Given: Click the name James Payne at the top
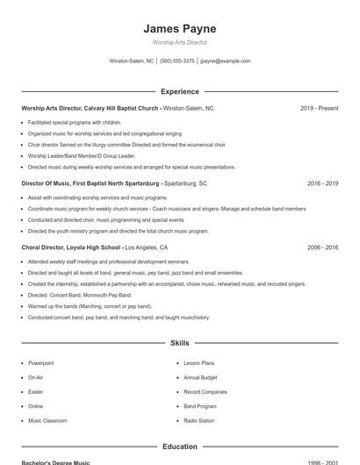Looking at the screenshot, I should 179,28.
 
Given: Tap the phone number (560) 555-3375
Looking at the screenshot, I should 177,61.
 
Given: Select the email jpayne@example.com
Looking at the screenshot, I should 225,61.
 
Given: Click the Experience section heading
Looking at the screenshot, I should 179,91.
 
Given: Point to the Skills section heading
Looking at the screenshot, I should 179,343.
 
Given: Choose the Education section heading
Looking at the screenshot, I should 179,447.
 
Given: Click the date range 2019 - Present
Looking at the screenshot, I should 319,108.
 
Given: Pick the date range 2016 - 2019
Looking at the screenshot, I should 322,183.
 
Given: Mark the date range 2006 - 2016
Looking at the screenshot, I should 322,247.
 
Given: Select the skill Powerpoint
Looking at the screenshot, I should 40,362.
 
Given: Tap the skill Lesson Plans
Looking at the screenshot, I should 198,362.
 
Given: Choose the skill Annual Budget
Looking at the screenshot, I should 200,377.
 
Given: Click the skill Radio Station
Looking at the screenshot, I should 198,421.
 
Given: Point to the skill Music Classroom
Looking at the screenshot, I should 47,421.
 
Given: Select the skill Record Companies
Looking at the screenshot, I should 205,392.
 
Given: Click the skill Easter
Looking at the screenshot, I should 35,392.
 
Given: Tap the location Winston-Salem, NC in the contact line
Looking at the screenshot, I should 131,61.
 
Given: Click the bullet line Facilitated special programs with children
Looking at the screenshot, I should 74,122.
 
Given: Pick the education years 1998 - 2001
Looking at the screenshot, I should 322,461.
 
